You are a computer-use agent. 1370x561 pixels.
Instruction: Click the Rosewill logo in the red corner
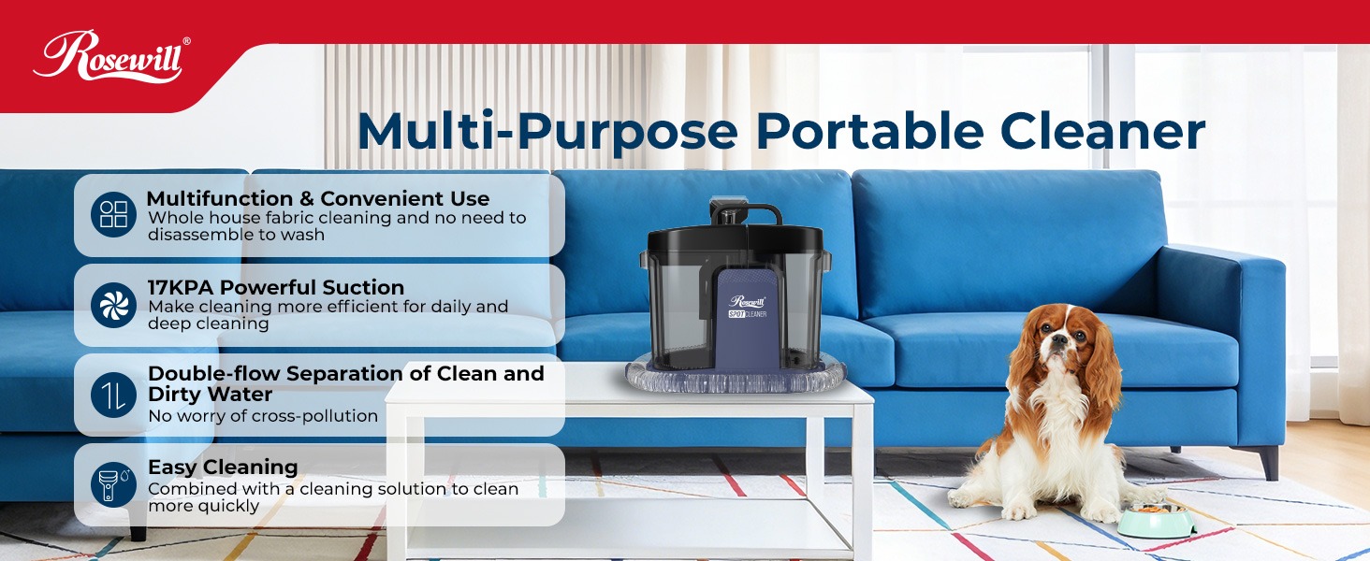[111, 57]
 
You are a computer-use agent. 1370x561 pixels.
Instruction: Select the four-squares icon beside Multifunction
[114, 213]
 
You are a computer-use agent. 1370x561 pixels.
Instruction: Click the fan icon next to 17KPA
[114, 304]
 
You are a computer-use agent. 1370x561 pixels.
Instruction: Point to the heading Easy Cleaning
[223, 467]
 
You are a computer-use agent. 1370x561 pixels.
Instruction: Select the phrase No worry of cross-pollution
[263, 416]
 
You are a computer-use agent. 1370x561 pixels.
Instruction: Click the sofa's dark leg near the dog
[1268, 461]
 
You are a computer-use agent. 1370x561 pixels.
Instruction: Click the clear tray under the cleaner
[736, 378]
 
